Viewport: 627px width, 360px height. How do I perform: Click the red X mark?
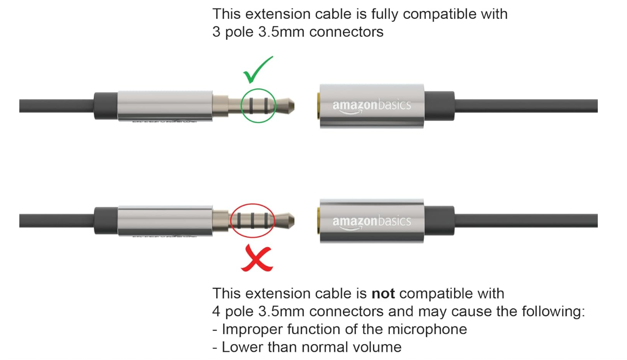click(257, 258)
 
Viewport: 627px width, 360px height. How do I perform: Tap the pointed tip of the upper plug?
click(294, 106)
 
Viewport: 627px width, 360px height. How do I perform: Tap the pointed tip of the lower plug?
click(294, 221)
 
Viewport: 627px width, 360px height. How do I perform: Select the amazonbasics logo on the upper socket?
click(371, 106)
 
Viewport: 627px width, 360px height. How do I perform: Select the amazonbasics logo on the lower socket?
click(371, 222)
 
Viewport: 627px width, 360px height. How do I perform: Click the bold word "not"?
click(383, 294)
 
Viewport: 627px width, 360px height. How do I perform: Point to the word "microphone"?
click(427, 329)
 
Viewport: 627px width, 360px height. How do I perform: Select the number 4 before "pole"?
click(216, 311)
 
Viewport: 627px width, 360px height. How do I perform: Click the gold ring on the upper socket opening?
click(319, 106)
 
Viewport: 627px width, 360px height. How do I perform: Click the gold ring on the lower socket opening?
click(319, 221)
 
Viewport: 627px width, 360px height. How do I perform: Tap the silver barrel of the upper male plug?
click(165, 106)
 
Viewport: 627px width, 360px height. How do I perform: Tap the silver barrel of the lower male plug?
click(165, 221)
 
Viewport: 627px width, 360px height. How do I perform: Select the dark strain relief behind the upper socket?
click(439, 106)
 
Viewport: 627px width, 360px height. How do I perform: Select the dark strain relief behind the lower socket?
click(439, 221)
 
